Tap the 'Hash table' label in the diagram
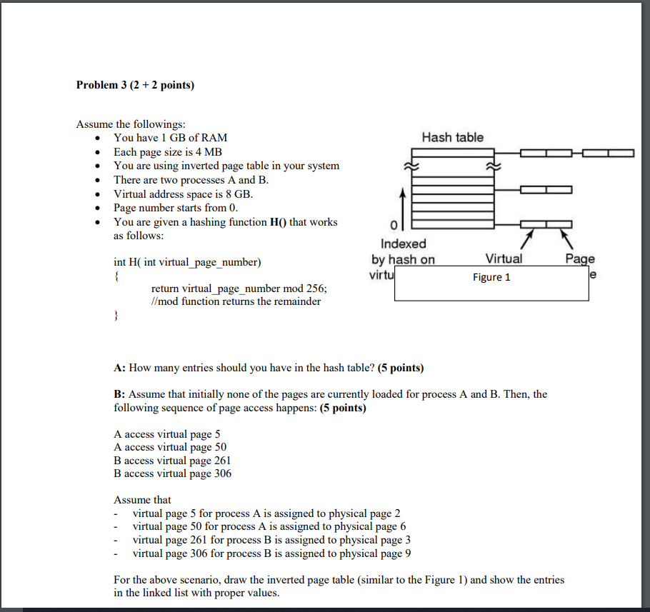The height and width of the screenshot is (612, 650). point(452,137)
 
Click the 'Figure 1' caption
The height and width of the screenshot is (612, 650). point(491,277)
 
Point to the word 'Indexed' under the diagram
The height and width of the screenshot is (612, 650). point(403,244)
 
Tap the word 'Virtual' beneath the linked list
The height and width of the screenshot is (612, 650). point(504,259)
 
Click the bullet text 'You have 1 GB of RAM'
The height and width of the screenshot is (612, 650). point(171,138)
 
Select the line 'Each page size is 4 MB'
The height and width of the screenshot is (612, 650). point(168,152)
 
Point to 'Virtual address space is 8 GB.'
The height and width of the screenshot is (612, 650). point(184,194)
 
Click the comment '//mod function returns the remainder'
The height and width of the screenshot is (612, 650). point(236,301)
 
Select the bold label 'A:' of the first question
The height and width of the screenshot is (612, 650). point(119,368)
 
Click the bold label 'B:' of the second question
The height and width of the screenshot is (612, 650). point(119,394)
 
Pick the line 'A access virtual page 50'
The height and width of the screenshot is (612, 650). point(170,448)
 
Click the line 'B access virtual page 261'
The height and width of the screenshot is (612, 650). point(172,461)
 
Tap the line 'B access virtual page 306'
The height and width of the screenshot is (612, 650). point(172,473)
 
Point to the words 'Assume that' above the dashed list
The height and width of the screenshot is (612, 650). point(142,500)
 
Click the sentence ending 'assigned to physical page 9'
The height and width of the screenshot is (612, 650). point(271,553)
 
